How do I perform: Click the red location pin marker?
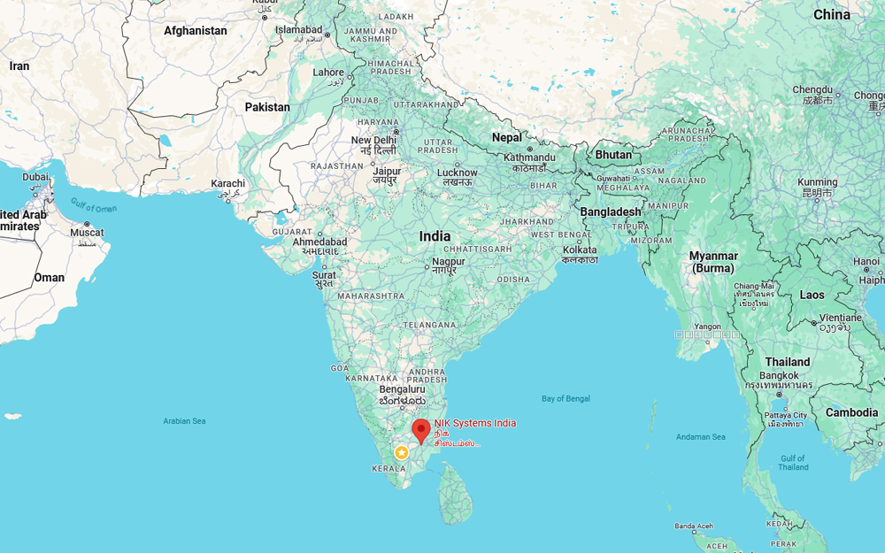421,431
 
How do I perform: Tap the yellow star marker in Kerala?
402,452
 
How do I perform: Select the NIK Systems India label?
474,423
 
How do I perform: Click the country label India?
435,236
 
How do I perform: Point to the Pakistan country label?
267,107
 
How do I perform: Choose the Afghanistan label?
196,31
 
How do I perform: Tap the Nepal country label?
507,137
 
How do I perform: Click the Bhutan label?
613,155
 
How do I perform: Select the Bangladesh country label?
611,211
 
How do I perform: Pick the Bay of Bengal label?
566,399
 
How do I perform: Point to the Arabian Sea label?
184,421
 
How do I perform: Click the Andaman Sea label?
700,437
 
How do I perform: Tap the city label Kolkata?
580,250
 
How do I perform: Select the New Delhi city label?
373,141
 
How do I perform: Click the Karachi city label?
227,184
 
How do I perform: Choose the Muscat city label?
87,233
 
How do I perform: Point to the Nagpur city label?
449,262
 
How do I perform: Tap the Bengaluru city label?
402,389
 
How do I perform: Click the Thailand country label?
788,362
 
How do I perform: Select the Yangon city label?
707,326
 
